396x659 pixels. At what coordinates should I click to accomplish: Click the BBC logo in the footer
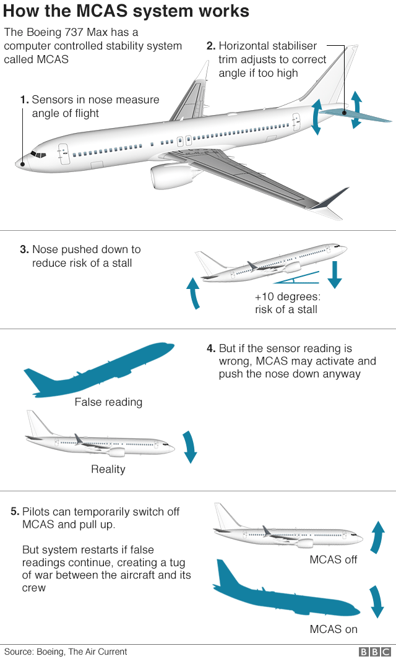pos(374,652)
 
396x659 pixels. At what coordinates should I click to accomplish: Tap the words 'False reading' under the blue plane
pos(108,402)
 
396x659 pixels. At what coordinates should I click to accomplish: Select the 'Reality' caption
pos(108,469)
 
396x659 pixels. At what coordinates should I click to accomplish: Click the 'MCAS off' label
pos(334,561)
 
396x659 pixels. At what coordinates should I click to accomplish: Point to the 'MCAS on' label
pos(334,629)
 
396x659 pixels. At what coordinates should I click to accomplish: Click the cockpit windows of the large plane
pos(38,154)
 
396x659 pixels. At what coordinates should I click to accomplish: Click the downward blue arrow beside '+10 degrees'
pos(335,275)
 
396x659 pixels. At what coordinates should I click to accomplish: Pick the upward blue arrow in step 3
pos(194,293)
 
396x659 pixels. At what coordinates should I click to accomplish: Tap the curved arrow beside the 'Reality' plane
pos(189,447)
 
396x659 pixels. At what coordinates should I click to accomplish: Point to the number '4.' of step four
pos(211,348)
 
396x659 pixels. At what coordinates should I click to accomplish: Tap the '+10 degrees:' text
pos(287,296)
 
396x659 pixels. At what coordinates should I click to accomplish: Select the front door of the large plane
pos(63,154)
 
